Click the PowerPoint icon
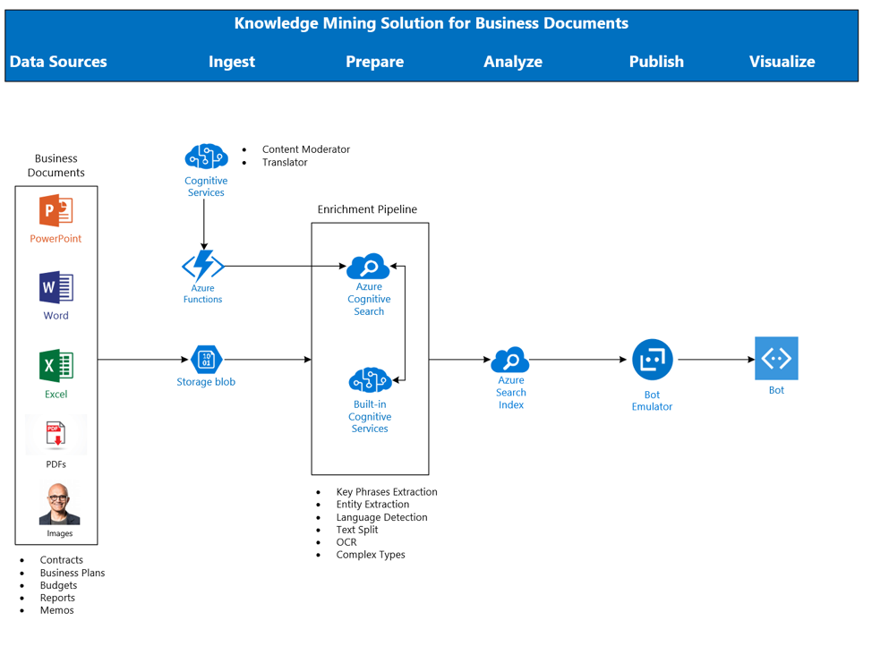tap(56, 212)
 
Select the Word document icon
tap(56, 288)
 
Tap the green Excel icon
tap(56, 367)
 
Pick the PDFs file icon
tap(56, 436)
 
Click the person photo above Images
tap(59, 505)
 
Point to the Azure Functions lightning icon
tap(203, 266)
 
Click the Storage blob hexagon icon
tap(206, 360)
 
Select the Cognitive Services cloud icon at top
tap(206, 157)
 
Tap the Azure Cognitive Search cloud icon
tap(369, 267)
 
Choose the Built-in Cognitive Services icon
tap(370, 380)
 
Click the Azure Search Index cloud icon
tap(510, 360)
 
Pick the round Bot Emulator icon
tap(652, 360)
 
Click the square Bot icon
tap(776, 359)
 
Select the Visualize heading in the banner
tap(782, 62)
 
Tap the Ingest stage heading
tap(232, 62)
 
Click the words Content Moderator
tap(305, 149)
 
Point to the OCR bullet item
tap(346, 542)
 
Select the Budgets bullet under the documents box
tap(58, 585)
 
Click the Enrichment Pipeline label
tap(367, 209)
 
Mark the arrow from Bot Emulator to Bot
tap(716, 360)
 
